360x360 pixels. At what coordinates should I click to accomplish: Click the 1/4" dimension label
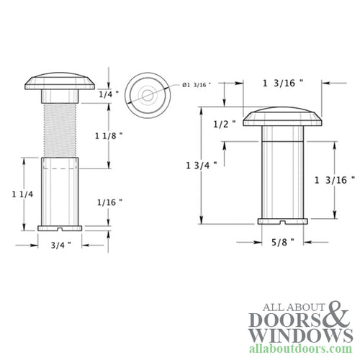(x=105, y=94)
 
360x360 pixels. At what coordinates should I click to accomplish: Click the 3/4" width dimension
(x=60, y=244)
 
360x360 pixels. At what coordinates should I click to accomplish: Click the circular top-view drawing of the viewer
(x=145, y=94)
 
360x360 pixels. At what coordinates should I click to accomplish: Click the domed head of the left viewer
(x=60, y=81)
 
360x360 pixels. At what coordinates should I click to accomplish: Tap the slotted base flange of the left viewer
(x=60, y=228)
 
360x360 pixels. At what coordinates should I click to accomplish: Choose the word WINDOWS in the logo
(x=291, y=336)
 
